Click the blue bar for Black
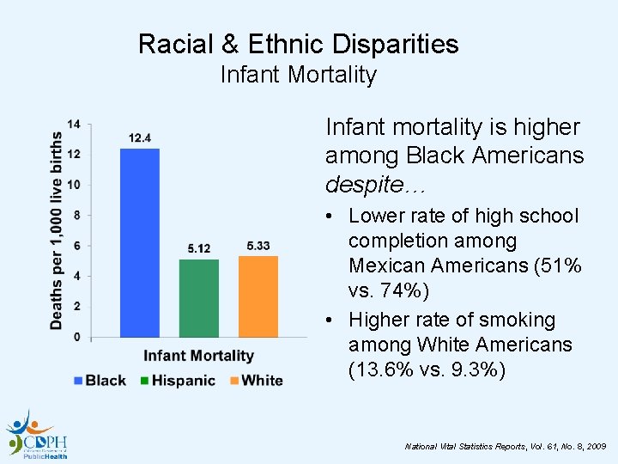pos(140,242)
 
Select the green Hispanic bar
pos(198,297)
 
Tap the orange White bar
pos(257,296)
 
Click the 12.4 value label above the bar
pos(140,138)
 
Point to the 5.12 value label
pos(198,248)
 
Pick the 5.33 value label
pos(257,246)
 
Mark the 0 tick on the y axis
pos(77,337)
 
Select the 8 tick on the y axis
pos(77,216)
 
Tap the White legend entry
pos(255,380)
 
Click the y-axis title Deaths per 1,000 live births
pos(56,230)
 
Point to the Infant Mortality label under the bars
pos(198,356)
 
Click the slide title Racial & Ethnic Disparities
pos(298,44)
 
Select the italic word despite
pos(361,184)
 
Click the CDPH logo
pos(37,434)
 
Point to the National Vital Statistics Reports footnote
pos(506,447)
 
